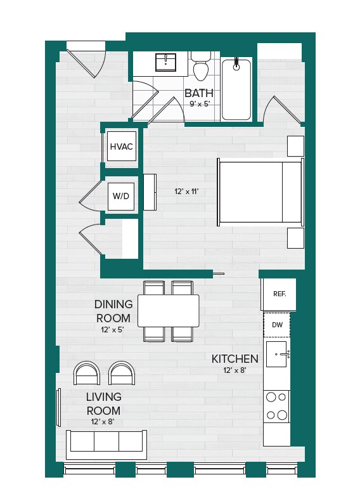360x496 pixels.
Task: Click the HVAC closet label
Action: (x=121, y=147)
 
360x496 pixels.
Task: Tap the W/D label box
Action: (x=120, y=196)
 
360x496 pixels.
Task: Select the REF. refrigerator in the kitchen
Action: (x=279, y=294)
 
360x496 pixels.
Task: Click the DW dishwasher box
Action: (x=277, y=325)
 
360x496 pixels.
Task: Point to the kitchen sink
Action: (x=277, y=354)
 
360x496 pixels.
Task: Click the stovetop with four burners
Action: (x=276, y=406)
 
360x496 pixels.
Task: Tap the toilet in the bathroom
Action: (x=202, y=67)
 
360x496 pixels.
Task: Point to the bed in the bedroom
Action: (x=260, y=192)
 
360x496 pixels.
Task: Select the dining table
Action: (x=168, y=310)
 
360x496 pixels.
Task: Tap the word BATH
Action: (x=198, y=93)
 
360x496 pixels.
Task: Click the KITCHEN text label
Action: (x=235, y=359)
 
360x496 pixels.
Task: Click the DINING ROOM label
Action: (x=113, y=311)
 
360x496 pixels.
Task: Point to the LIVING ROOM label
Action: (x=103, y=403)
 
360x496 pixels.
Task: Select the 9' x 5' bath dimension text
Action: (x=198, y=104)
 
